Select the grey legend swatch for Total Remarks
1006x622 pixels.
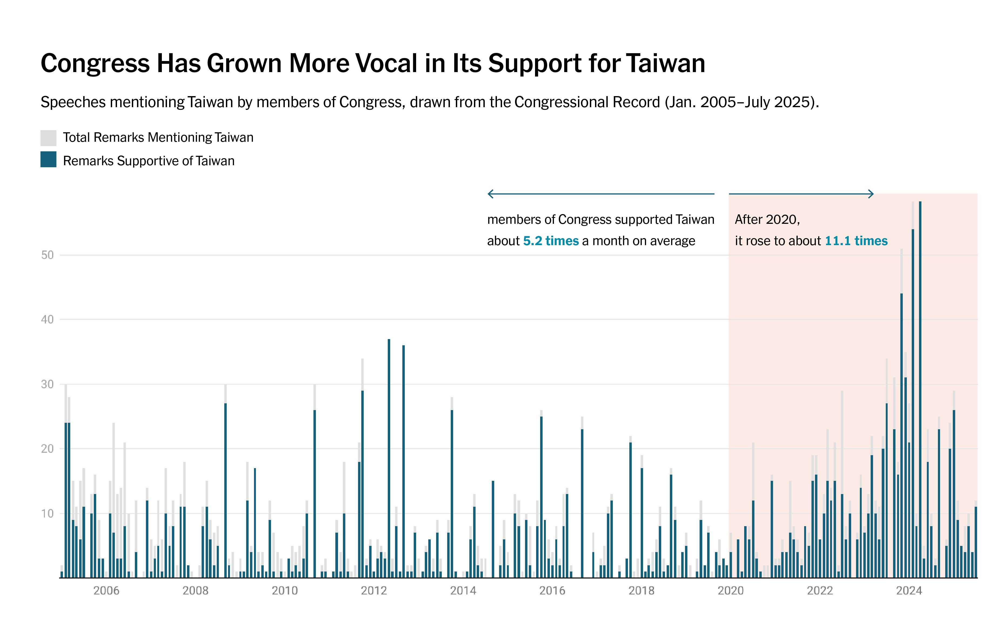pos(48,138)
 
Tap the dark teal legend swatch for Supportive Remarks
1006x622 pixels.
pos(48,160)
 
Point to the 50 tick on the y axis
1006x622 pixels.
pos(47,255)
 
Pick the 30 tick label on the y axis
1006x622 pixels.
pos(47,384)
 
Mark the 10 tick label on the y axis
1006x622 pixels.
pos(47,513)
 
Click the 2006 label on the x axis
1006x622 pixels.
pos(106,591)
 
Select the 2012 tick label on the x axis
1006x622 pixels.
pos(374,591)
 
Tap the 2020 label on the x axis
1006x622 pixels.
pos(731,591)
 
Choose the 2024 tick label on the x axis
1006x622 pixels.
pos(909,591)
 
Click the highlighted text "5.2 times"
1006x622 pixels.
pos(551,241)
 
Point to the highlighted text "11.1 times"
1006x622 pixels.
pos(856,241)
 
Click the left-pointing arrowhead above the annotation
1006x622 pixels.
pos(490,194)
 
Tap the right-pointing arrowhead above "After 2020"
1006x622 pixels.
pos(871,194)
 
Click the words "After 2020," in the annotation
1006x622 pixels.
pos(767,220)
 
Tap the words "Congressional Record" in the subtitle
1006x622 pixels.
pos(587,102)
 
